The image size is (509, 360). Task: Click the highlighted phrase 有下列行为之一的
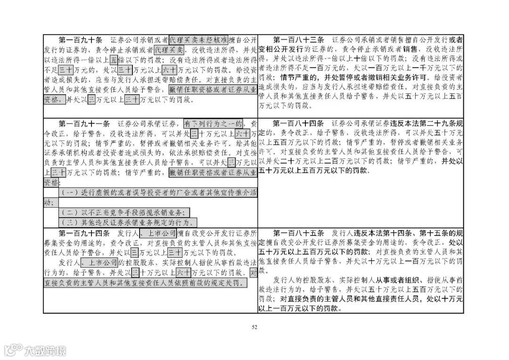click(213, 123)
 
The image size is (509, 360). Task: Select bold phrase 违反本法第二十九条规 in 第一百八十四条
click(426, 123)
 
